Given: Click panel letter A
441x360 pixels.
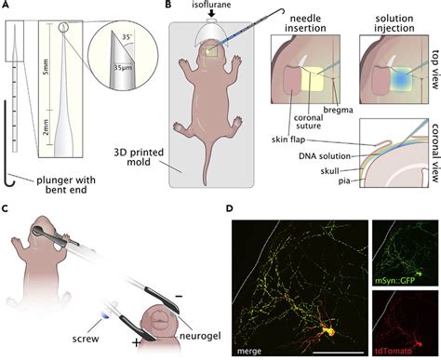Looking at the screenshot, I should pyautogui.click(x=7, y=7).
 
